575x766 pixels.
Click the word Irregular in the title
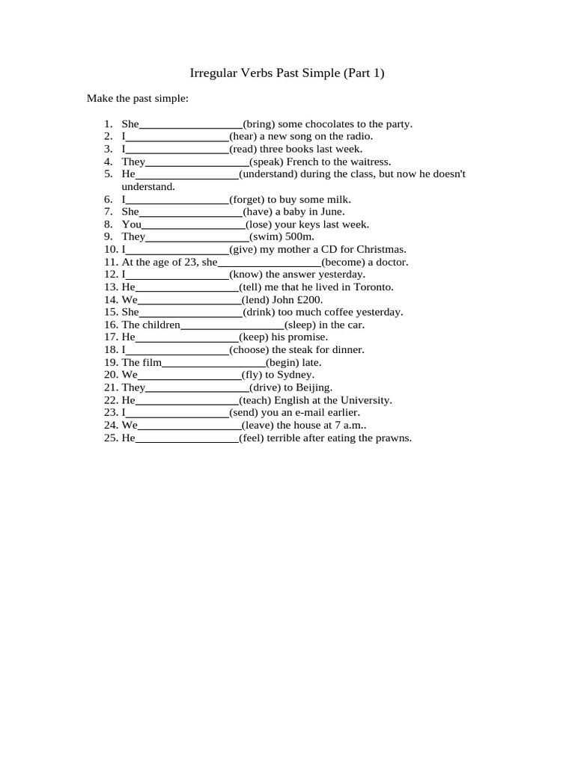click(x=213, y=73)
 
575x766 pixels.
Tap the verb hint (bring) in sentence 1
click(x=260, y=124)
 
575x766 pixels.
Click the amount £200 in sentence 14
click(x=309, y=299)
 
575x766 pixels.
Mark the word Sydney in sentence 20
click(x=295, y=375)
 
